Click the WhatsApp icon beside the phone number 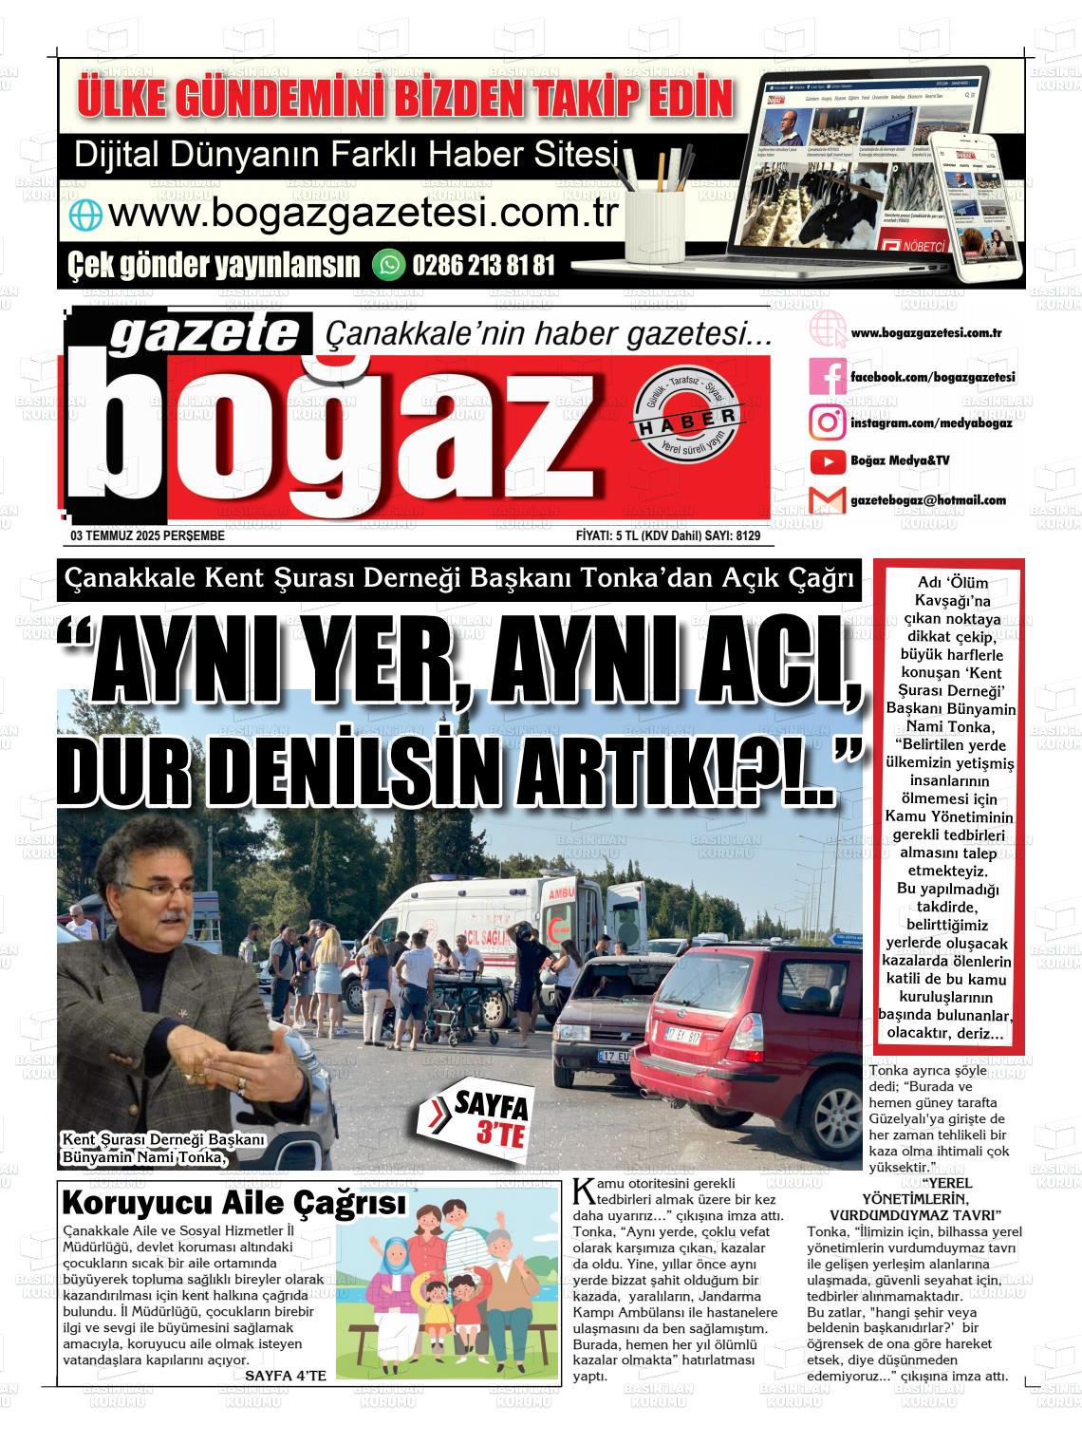click(388, 264)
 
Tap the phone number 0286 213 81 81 click(483, 265)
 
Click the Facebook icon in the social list click(827, 378)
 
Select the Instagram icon click(827, 422)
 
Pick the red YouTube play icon click(827, 461)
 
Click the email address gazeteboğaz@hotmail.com click(928, 500)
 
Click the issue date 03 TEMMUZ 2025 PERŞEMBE click(147, 535)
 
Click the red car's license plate click(681, 1038)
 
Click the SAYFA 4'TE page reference click(286, 1374)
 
